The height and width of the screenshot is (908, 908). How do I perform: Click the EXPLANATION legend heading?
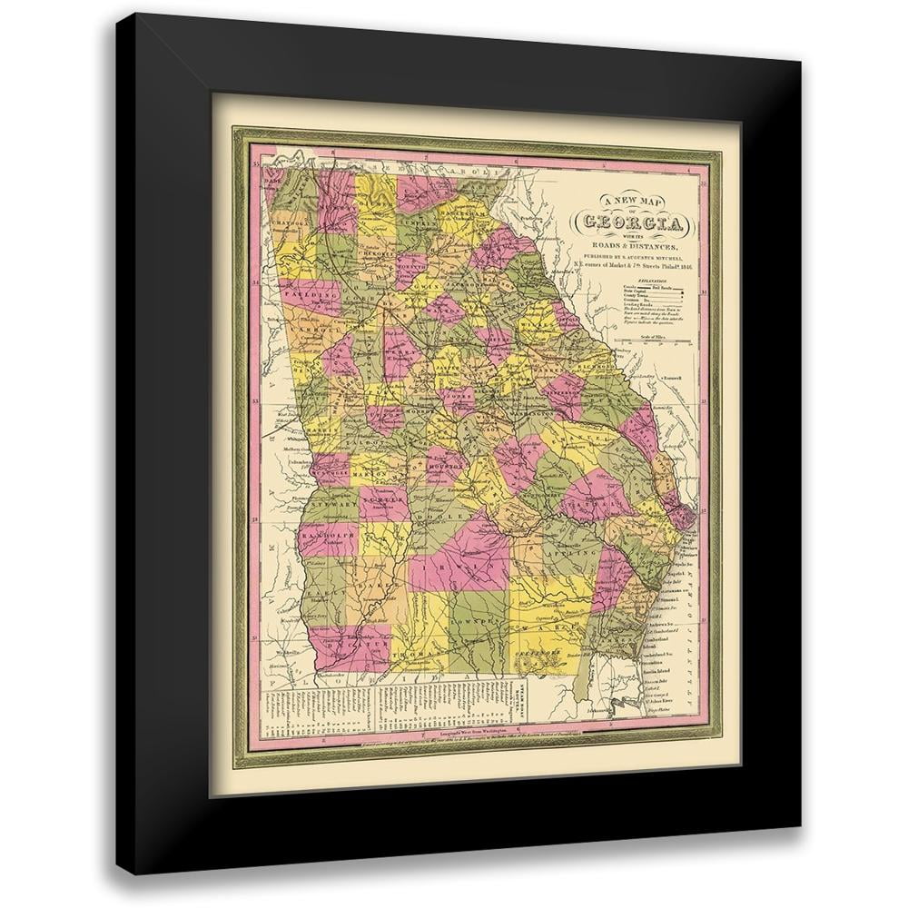pos(644,282)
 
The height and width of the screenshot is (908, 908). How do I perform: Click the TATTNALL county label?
pos(597,498)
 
